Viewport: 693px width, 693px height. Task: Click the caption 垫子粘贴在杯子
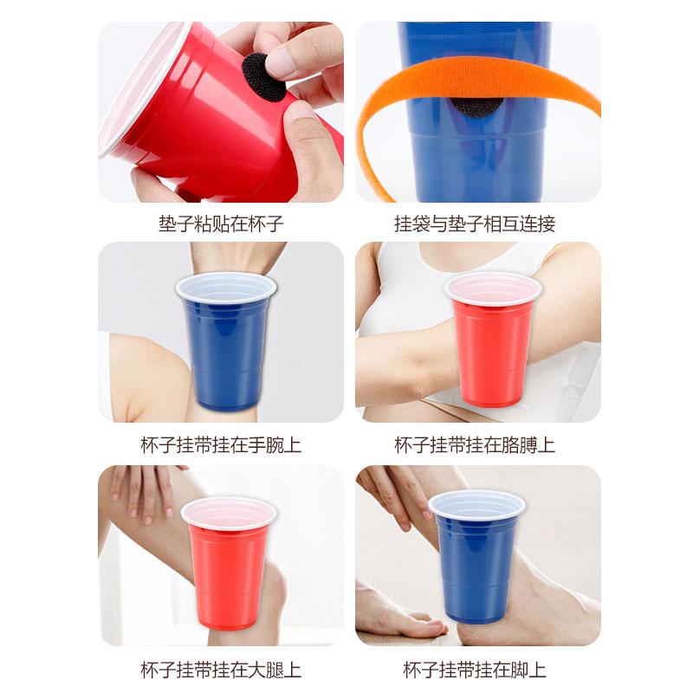click(221, 223)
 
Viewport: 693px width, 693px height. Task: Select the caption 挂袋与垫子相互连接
click(475, 223)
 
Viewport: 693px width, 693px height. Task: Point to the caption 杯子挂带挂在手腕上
click(221, 444)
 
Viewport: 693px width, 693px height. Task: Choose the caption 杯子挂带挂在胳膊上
click(475, 444)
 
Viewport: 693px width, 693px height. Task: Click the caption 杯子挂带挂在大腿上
click(221, 670)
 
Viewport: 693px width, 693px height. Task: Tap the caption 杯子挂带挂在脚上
click(475, 670)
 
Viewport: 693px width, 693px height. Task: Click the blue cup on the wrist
click(226, 341)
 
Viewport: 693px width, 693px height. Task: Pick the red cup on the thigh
click(229, 563)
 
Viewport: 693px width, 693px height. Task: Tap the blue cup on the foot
click(477, 556)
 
